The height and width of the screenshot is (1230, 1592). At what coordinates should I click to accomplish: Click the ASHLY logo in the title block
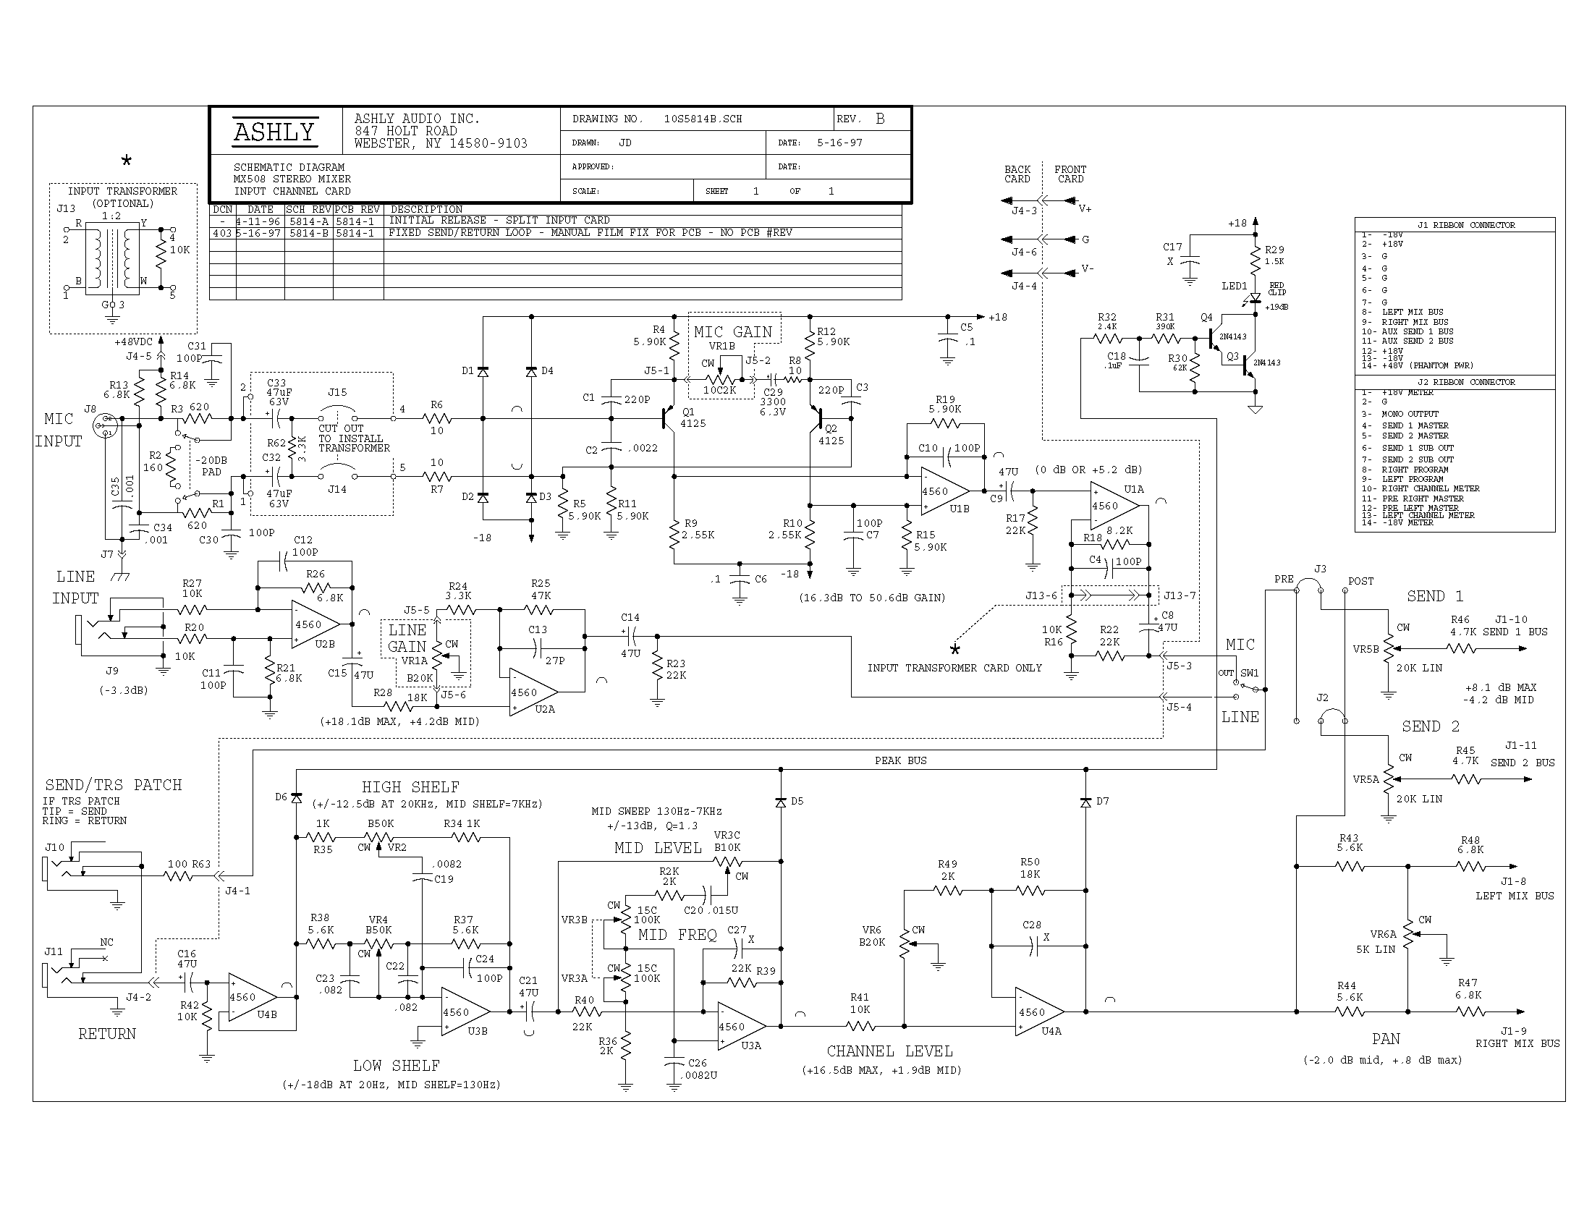coord(274,131)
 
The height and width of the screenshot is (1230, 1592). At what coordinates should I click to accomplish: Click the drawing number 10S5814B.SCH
coord(703,119)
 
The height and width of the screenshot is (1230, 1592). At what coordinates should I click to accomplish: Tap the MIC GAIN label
coord(732,332)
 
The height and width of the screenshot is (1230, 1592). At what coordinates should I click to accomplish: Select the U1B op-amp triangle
coord(943,491)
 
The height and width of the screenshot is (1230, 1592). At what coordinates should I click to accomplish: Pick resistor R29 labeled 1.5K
coord(1256,257)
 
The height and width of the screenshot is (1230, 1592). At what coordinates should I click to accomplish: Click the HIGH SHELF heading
coord(410,787)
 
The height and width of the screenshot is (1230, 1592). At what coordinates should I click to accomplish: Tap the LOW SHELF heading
coord(396,1066)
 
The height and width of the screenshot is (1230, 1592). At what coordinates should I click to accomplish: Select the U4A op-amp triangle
coord(1038,1011)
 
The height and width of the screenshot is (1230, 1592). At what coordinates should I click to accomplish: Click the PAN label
coord(1386,1039)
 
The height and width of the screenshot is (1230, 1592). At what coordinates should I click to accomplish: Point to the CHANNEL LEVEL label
coord(889,1051)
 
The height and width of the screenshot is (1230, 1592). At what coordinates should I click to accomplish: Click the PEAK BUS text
coord(900,760)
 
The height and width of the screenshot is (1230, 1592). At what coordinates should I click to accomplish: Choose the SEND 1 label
coord(1434,596)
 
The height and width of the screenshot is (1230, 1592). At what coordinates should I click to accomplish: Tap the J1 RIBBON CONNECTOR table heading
coord(1466,225)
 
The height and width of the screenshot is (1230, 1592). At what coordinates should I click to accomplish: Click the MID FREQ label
coord(677,935)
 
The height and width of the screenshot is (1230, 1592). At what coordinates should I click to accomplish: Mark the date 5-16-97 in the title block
coord(839,143)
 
